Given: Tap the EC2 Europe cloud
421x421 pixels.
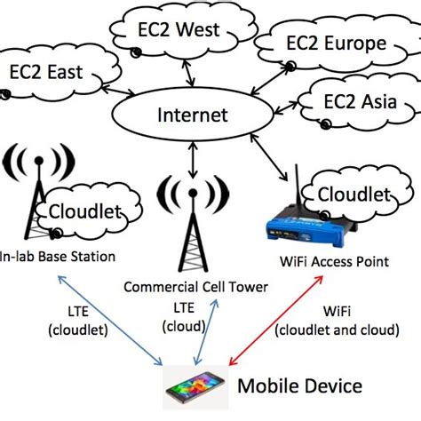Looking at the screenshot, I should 322,44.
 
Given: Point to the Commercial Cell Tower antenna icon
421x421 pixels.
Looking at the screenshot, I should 190,222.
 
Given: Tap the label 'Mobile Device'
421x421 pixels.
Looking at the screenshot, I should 299,386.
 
